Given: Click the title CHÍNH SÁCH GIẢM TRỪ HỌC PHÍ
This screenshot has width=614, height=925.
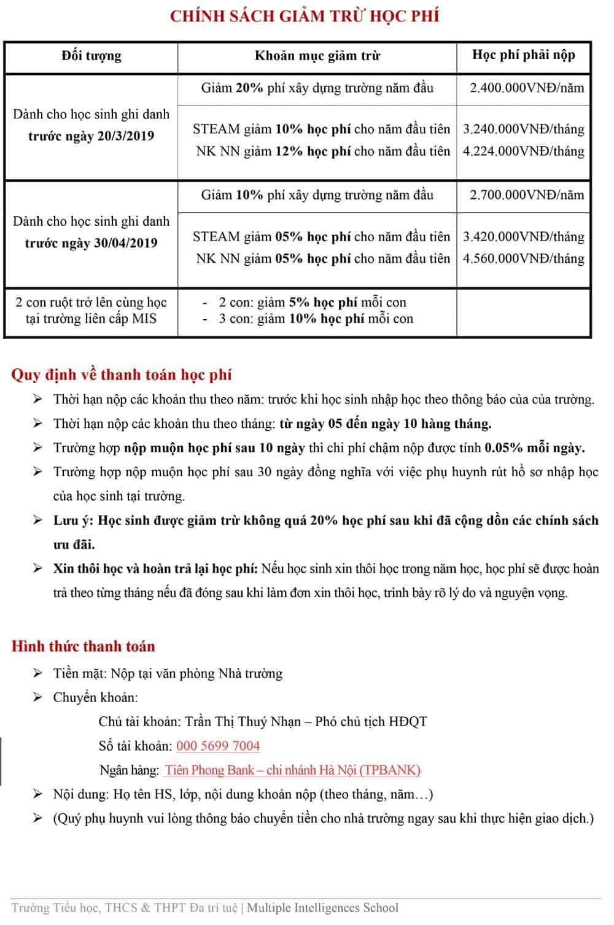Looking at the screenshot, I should pos(305,17).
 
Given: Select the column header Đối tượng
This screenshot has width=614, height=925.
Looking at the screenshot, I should pos(91,56).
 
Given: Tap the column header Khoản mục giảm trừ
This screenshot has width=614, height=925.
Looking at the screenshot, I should pos(317,56).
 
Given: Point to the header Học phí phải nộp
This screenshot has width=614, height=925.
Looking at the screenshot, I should pos(523,55).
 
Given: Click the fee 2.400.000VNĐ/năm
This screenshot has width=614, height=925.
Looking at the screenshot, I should pos(527,88).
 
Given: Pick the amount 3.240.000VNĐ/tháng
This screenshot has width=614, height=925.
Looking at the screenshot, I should pos(523,130).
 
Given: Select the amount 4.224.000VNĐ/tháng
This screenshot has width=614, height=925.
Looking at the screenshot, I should pos(523,152).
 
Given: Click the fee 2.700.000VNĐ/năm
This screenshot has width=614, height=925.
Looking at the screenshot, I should pos(527,196).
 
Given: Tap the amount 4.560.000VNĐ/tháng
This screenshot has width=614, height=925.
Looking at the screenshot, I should pos(523,259).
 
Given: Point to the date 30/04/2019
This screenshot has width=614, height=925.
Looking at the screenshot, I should pos(125,244).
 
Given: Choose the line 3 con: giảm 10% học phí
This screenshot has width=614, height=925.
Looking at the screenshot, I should pos(316,319).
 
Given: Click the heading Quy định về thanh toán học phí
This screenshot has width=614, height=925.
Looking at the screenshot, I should pos(122,375).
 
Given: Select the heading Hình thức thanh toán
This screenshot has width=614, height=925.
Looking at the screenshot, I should pos(84,646).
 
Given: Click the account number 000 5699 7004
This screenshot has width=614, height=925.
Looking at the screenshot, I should pos(218,746).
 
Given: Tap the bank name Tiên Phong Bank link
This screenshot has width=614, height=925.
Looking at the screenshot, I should pos(292,770).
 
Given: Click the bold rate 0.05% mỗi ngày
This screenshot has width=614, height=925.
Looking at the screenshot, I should pos(534,448).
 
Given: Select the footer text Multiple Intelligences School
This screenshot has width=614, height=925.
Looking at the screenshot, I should pos(322,908).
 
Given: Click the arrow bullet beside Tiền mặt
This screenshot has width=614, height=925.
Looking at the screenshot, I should pos(38,674).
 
